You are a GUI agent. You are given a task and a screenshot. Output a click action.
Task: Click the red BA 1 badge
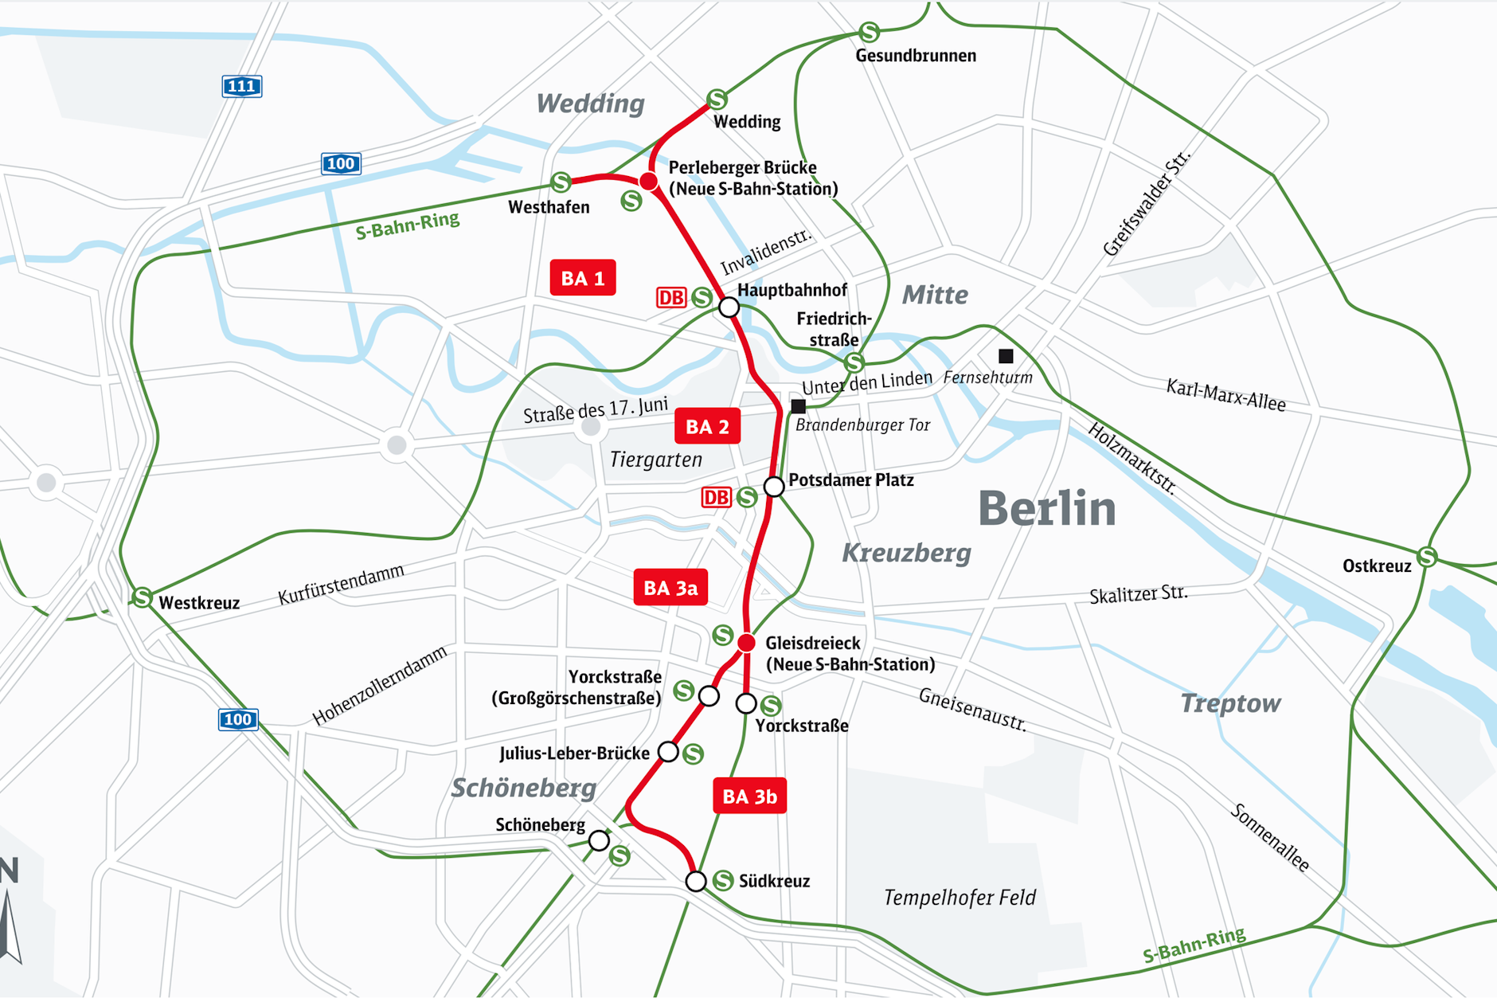(582, 278)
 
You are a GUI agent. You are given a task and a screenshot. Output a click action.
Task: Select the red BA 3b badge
(749, 796)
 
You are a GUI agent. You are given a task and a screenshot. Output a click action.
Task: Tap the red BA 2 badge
(707, 427)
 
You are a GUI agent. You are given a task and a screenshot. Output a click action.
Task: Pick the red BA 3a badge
(670, 588)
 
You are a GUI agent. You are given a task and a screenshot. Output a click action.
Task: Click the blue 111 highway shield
(241, 86)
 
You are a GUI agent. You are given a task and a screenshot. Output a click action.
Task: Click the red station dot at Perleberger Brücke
(649, 182)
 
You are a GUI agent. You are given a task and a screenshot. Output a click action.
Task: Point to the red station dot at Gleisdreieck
(746, 643)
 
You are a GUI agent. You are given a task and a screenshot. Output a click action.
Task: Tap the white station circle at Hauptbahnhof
(729, 307)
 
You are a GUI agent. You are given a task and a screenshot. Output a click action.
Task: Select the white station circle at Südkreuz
(696, 881)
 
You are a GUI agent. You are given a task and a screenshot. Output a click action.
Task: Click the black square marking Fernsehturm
(1006, 356)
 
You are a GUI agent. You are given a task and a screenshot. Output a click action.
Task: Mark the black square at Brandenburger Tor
(799, 406)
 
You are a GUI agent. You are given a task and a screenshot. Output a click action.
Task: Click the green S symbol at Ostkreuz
(1427, 556)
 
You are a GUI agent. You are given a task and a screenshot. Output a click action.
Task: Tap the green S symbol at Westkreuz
(142, 597)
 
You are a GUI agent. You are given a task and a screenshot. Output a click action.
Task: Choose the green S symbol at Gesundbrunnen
(869, 33)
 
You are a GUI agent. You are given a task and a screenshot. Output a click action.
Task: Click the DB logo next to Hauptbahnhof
(670, 298)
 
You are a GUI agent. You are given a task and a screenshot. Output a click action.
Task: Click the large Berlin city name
(1046, 508)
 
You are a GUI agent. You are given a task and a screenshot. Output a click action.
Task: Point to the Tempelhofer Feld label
(960, 898)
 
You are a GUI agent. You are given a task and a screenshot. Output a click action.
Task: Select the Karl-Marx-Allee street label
(1225, 396)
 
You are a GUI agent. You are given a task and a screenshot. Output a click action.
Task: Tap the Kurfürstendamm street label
(341, 585)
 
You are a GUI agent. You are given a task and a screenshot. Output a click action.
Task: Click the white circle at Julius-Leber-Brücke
(668, 752)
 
